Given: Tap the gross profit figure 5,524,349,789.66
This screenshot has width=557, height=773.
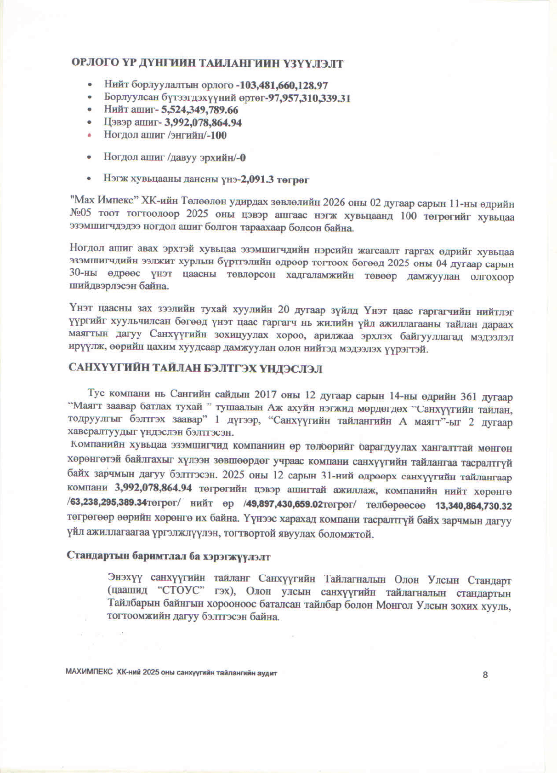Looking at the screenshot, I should pyautogui.click(x=199, y=110).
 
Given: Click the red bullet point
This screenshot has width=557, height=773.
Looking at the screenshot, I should pyautogui.click(x=90, y=135).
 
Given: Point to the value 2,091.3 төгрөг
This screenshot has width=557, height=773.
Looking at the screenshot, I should pyautogui.click(x=275, y=179).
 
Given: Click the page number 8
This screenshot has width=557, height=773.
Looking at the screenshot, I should pyautogui.click(x=485, y=675).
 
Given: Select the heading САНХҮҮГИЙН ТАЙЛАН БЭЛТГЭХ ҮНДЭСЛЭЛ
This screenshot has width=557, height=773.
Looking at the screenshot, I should pyautogui.click(x=195, y=369).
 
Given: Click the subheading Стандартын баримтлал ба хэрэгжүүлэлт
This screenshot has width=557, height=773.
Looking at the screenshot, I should pyautogui.click(x=168, y=556).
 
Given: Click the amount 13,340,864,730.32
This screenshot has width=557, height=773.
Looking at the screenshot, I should pyautogui.click(x=473, y=506).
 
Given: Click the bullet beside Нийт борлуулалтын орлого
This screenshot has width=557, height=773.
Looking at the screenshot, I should pyautogui.click(x=90, y=85).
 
